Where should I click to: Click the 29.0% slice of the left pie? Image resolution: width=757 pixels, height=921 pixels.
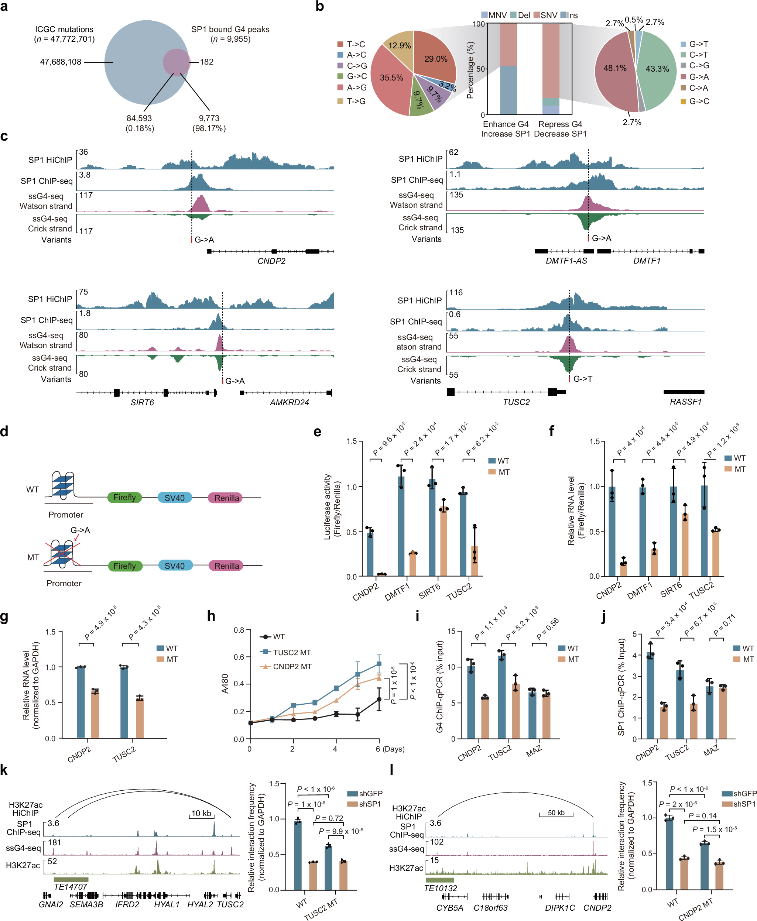[434, 59]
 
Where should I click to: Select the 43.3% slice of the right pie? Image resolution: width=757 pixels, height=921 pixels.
[656, 69]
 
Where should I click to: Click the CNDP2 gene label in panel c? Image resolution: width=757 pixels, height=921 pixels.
[271, 261]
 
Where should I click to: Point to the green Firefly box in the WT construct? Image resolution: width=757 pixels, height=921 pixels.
[124, 497]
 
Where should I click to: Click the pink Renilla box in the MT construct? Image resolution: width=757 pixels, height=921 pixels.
[226, 566]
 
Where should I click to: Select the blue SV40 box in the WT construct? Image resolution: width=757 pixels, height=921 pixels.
[174, 497]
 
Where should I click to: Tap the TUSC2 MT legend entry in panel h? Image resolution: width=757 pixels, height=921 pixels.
[291, 653]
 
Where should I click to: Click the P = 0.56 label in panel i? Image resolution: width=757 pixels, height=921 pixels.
[547, 629]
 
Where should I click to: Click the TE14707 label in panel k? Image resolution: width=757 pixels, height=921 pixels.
[70, 887]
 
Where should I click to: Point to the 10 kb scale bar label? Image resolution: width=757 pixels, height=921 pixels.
[201, 813]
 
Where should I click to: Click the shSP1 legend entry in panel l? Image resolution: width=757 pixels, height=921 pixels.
[744, 804]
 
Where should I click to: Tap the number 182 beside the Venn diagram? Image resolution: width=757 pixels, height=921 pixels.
[207, 62]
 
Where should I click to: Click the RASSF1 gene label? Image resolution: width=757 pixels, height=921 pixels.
[685, 402]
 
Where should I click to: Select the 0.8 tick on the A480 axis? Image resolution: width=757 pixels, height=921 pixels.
[239, 630]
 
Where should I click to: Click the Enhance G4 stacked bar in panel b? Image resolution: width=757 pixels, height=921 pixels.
[508, 70]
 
